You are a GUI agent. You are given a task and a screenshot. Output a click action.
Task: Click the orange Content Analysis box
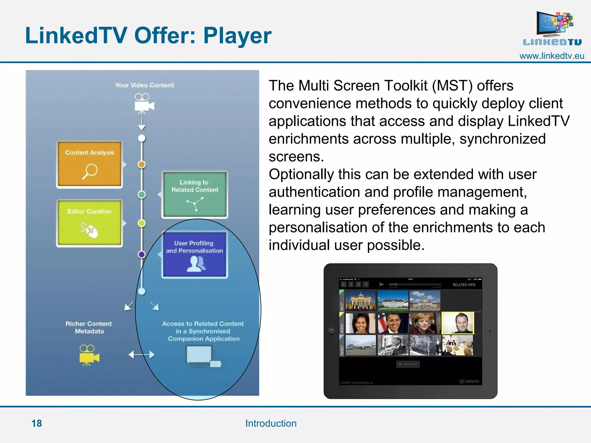[89, 164]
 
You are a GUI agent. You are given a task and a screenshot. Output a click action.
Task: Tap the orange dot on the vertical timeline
[141, 164]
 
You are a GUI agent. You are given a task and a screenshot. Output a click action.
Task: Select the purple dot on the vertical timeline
[141, 254]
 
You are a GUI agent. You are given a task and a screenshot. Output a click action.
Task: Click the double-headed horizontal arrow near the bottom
[141, 354]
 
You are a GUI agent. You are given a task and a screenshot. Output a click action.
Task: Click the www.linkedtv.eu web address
[551, 56]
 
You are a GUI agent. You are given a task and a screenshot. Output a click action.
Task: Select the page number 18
[37, 423]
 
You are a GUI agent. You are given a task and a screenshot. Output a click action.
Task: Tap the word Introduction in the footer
[271, 423]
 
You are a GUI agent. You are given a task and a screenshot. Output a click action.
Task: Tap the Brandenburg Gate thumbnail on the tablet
[360, 300]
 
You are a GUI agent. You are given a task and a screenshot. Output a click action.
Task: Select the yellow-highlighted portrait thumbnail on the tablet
[458, 323]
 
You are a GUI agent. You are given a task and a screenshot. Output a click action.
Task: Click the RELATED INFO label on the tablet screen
[463, 285]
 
